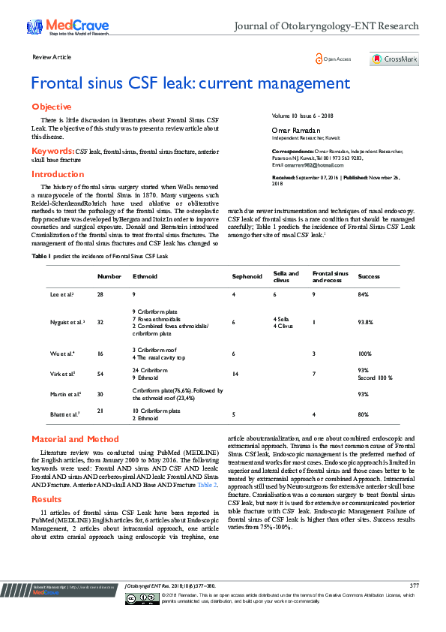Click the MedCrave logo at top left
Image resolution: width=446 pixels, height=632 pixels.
coord(57,28)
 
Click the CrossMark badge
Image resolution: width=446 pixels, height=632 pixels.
coord(394,59)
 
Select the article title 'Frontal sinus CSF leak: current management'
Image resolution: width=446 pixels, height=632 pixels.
coord(190,83)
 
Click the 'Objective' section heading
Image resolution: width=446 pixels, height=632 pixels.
coord(51,107)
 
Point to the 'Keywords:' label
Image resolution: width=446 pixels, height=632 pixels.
coord(52,151)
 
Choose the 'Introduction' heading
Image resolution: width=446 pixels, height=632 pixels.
coord(58,174)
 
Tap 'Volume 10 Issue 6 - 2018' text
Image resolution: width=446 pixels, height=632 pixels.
coord(302,116)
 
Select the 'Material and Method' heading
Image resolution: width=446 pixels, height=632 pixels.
coord(75,439)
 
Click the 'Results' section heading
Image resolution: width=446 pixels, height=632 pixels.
coord(46,498)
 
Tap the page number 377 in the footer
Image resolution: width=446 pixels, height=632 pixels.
coord(414,585)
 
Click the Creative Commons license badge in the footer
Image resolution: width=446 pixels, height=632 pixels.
coord(140,598)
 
